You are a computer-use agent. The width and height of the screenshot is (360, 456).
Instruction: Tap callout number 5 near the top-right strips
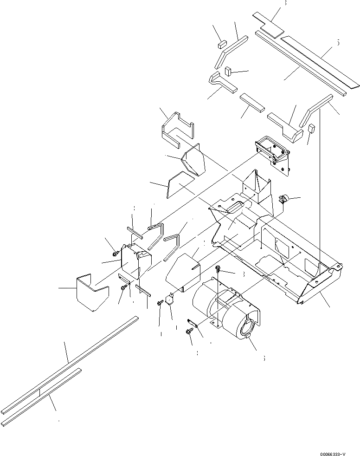pyautogui.click(x=338, y=43)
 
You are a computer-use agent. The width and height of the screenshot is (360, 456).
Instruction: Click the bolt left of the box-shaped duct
pyautogui.click(x=116, y=254)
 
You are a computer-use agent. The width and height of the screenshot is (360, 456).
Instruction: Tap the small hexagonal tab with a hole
pyautogui.click(x=169, y=300)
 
